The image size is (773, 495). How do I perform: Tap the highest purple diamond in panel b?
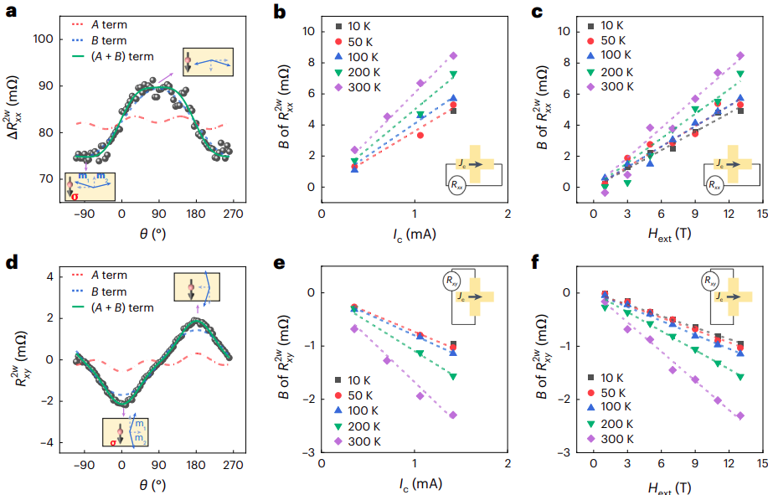(x=453, y=56)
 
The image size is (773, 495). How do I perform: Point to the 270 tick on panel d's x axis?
(x=233, y=465)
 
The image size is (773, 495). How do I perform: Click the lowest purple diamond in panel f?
(x=740, y=415)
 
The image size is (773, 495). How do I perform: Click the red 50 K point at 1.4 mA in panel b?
(x=453, y=106)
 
